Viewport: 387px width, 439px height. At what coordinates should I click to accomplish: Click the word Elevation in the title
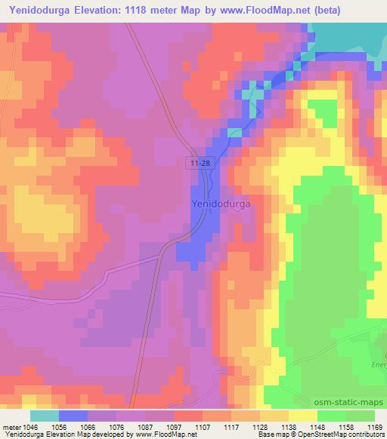coord(104,11)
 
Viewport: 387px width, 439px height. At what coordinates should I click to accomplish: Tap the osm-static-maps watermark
coord(351,400)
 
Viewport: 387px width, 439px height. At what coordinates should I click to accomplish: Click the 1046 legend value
coord(29,426)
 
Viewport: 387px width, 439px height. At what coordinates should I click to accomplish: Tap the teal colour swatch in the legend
coord(44,416)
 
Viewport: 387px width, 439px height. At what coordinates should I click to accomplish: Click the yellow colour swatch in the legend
coord(303,416)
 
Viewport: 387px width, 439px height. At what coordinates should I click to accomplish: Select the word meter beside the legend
coord(10,426)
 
